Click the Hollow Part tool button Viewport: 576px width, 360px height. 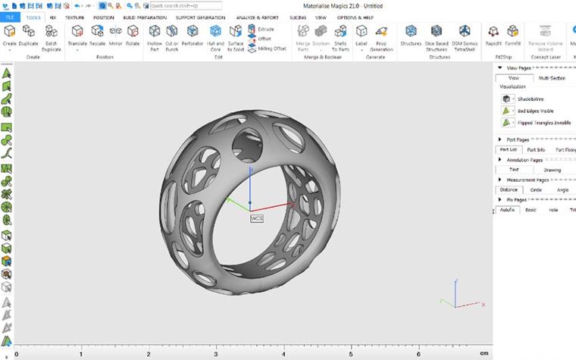click(155, 36)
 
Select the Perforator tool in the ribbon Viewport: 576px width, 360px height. click(193, 36)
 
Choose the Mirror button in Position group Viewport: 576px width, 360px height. click(115, 36)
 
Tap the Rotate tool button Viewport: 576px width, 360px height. click(133, 36)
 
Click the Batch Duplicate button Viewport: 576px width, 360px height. click(52, 36)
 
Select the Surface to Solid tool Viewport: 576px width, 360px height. click(236, 36)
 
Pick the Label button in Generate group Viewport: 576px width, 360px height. click(362, 36)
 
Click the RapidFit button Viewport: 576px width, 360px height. click(493, 36)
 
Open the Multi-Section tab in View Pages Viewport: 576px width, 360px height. click(552, 78)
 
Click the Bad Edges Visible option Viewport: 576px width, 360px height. click(535, 110)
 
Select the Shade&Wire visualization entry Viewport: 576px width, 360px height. click(531, 99)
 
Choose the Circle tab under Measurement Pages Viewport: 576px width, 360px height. click(536, 189)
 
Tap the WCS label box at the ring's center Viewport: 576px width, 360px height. click(256, 218)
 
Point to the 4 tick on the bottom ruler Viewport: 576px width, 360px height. click(283, 354)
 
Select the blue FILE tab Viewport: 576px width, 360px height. click(11, 17)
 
